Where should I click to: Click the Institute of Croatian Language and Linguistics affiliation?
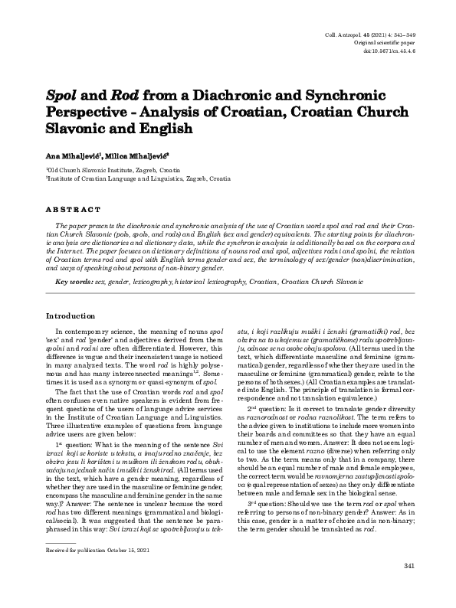coord(138,178)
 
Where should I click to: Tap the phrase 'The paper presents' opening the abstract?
coord(84,228)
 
